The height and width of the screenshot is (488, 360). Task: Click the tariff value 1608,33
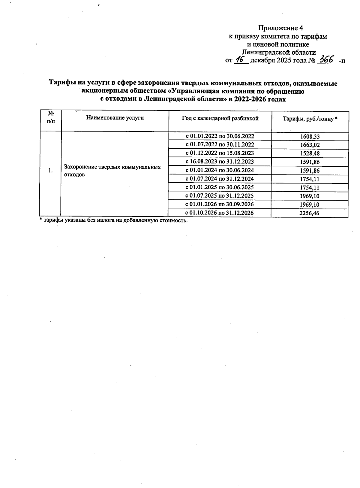(310, 137)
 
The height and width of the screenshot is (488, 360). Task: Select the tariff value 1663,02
(310, 145)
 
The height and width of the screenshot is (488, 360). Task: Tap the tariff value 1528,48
(310, 153)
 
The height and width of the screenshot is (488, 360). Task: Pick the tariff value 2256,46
(310, 213)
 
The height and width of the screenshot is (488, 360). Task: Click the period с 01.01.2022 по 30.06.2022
(220, 136)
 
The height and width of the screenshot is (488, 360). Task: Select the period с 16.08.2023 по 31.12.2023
(220, 162)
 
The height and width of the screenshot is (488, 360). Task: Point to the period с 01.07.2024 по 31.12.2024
(220, 179)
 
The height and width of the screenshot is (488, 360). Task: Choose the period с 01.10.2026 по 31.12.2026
(220, 213)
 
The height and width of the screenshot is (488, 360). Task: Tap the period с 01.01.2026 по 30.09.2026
(220, 204)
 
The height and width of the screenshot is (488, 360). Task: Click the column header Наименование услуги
(115, 118)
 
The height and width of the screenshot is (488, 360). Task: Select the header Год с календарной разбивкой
(220, 118)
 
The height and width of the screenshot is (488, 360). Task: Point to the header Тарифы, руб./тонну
(310, 119)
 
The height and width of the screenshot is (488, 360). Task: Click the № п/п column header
(51, 117)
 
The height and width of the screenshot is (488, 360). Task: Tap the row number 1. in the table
(50, 171)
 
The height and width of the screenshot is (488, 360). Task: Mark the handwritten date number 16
(240, 59)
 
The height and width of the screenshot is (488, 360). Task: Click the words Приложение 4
(280, 28)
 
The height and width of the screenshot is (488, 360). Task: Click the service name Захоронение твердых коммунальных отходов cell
(112, 171)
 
